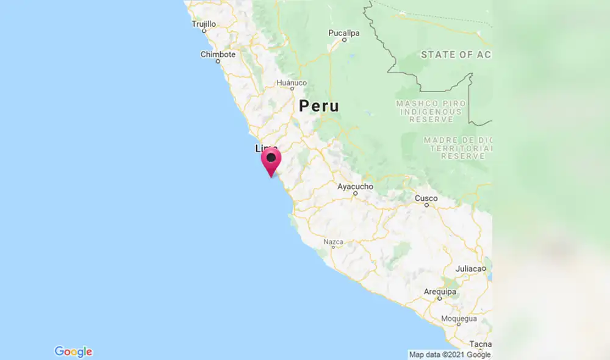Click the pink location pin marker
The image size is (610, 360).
coord(271,162)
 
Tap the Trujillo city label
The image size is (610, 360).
coord(204,24)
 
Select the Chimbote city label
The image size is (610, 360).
coord(218,54)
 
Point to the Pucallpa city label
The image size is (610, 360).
coord(344,32)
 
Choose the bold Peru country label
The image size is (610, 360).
coord(319,106)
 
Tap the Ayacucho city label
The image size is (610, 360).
coord(355,186)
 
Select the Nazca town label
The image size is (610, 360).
coord(334,242)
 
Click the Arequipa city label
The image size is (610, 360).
coord(439,292)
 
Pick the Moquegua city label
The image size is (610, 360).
coord(458,319)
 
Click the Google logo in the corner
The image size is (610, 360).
coord(73,351)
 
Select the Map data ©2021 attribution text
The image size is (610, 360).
coord(450,355)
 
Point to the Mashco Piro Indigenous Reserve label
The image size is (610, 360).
coord(431,112)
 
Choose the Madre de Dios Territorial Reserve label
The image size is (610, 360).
coord(457,148)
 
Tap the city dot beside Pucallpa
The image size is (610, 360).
coord(344,40)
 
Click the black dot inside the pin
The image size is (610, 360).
coord(271,157)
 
